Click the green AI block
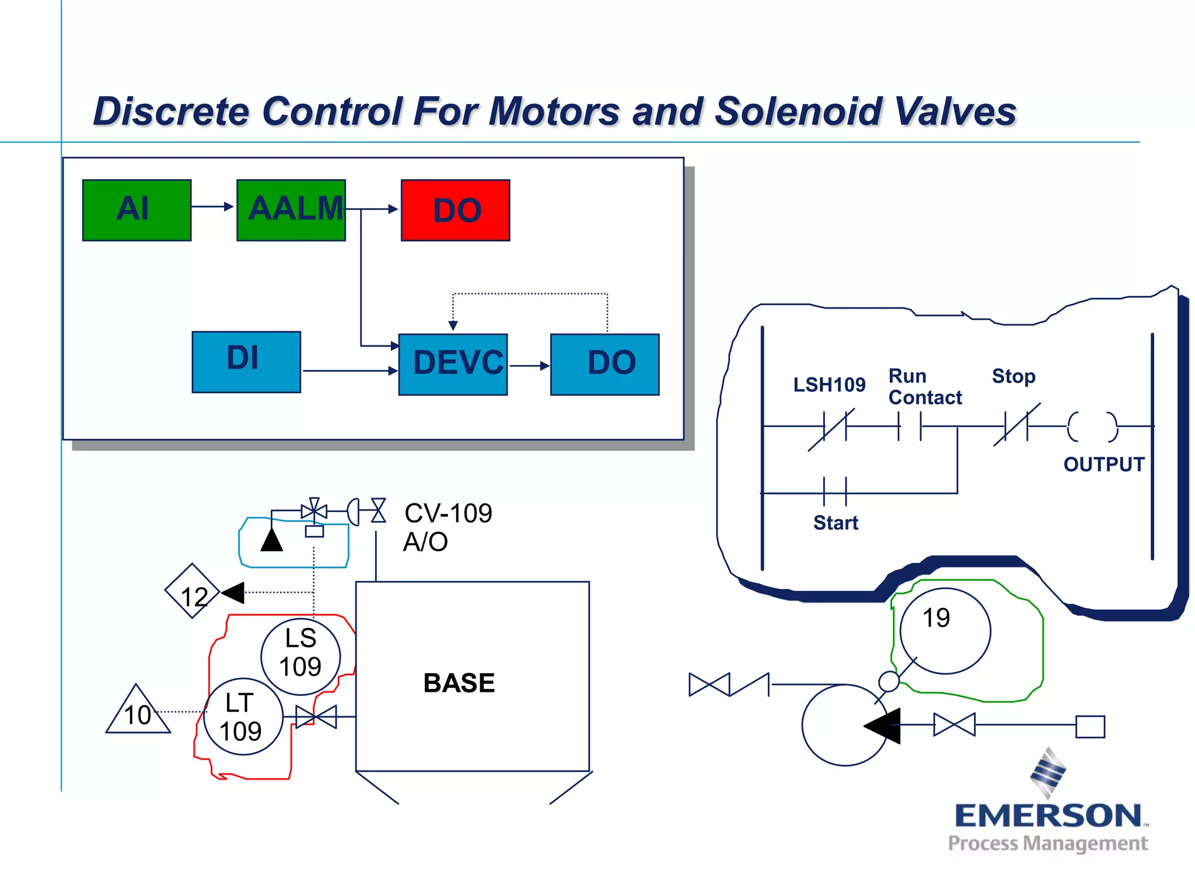tap(137, 210)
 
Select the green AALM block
tap(291, 210)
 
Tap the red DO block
tap(455, 210)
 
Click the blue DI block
tap(246, 362)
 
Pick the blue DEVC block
tap(453, 364)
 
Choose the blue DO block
tap(605, 364)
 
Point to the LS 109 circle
tap(300, 656)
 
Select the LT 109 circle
tap(243, 717)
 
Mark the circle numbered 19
tap(945, 631)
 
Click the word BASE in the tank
tap(459, 683)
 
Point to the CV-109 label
tap(448, 513)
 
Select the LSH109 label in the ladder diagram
tap(829, 385)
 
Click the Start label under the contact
tap(836, 523)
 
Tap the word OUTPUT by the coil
tap(1103, 464)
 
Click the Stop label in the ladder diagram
tap(1014, 376)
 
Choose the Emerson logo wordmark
tap(1048, 815)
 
